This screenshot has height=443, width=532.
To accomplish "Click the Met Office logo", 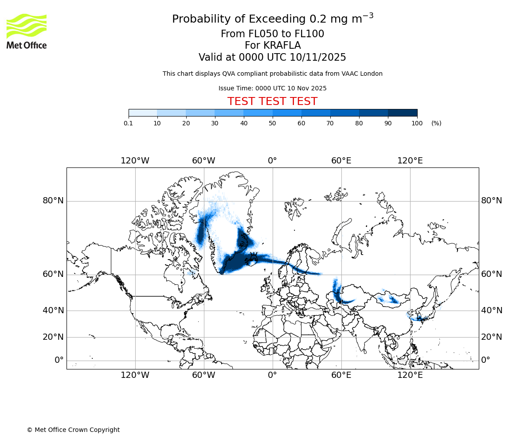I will coord(27,31).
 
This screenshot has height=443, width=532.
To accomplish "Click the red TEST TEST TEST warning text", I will coord(272,101).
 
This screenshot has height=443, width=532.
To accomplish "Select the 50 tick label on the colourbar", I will coord(272,123).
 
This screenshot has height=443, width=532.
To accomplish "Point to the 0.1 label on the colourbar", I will coord(128,123).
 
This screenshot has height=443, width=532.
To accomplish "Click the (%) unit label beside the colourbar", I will coord(436,123).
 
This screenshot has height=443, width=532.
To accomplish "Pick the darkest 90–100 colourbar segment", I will coord(403,113).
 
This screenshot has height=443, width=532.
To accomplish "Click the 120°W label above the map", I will coord(135,161).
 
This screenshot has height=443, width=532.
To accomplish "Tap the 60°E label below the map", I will coord(341,376).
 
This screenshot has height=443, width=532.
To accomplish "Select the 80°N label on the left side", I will coord(53,201).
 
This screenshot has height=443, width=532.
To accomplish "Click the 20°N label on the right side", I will coord(492,337).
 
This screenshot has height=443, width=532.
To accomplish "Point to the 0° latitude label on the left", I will coord(59,360).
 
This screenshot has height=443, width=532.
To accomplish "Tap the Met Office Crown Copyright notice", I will coord(73,430).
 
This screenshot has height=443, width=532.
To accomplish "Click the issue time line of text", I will coord(272,88).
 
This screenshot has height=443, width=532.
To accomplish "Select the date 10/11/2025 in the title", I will coord(318,58).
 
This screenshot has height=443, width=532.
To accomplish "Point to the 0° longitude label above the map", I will coord(272,161).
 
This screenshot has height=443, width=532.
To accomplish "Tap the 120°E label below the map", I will coord(410,376).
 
